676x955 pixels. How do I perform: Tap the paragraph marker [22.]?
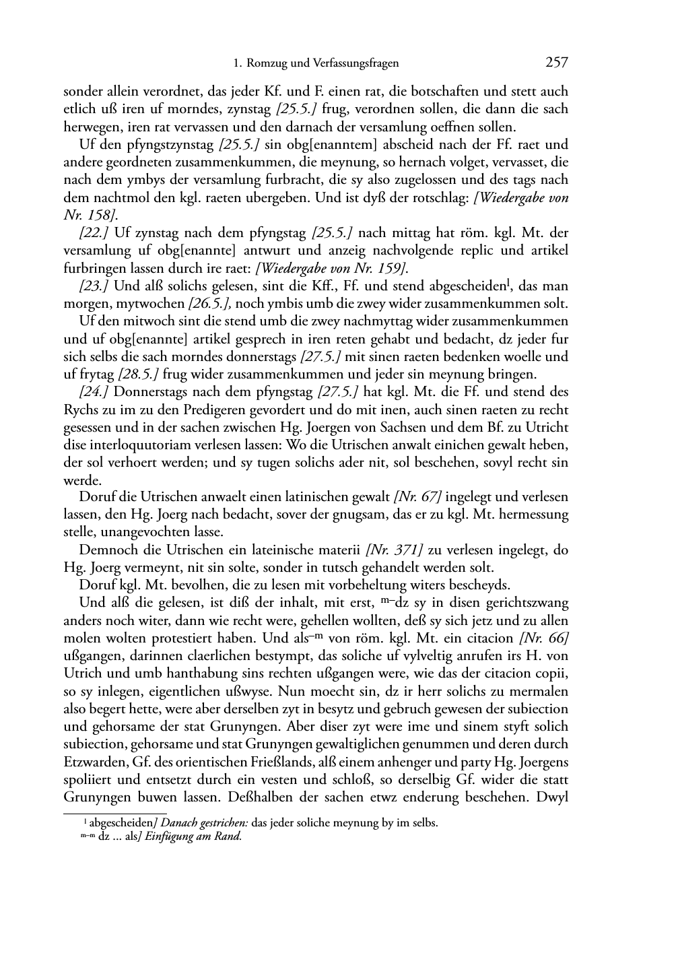pyautogui.click(x=94, y=233)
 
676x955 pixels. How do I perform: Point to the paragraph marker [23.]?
pyautogui.click(x=94, y=286)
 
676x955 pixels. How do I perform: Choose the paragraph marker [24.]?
pyautogui.click(x=94, y=392)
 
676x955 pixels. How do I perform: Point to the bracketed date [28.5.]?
pyautogui.click(x=139, y=374)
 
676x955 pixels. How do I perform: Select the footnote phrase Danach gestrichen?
pyautogui.click(x=205, y=822)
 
